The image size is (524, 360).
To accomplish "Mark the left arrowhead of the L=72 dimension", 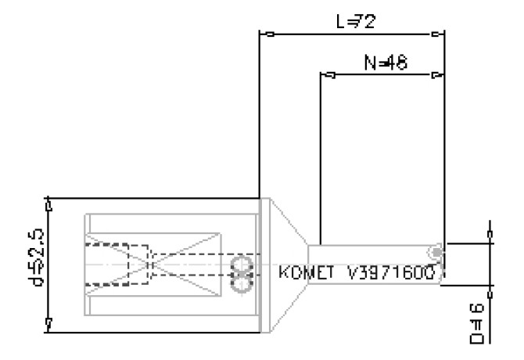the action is pyautogui.click(x=270, y=34).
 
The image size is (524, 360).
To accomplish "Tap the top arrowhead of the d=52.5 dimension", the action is pyautogui.click(x=49, y=205).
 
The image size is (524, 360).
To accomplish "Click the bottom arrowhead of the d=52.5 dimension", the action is pyautogui.click(x=49, y=322).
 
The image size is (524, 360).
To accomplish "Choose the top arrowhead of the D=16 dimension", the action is pyautogui.click(x=490, y=232).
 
